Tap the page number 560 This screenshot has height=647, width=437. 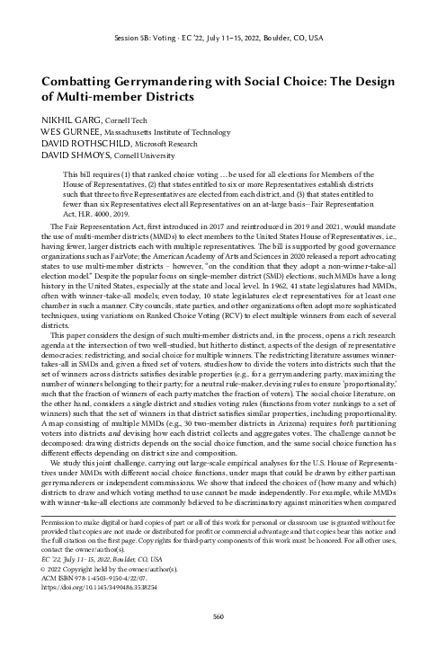(218, 616)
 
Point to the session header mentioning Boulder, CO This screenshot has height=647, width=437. (218, 40)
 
